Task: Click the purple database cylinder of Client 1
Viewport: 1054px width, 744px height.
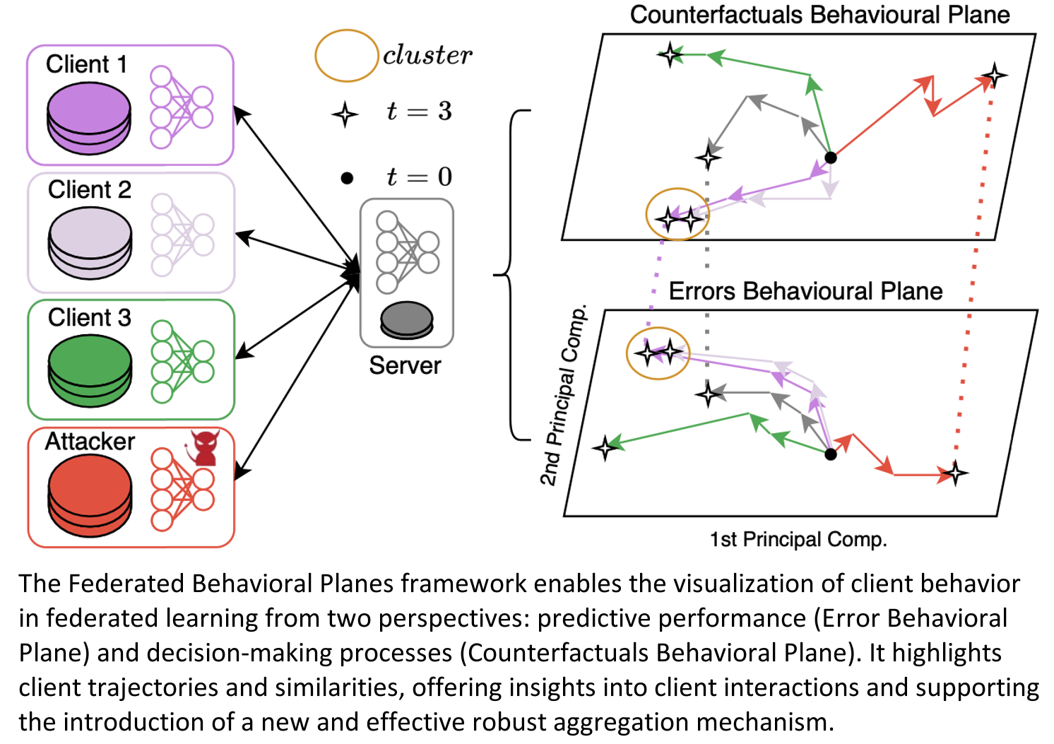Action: [89, 117]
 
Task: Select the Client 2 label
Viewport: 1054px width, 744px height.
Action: [90, 190]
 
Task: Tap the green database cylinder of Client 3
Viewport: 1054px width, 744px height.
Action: [90, 370]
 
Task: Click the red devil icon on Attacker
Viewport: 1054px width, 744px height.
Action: [205, 448]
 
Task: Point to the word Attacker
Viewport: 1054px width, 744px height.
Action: [90, 442]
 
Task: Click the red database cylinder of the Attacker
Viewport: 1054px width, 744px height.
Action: [90, 495]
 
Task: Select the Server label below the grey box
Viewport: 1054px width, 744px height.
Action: [405, 365]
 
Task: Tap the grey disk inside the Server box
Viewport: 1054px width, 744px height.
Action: [407, 319]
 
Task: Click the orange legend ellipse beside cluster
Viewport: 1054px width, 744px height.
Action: [346, 55]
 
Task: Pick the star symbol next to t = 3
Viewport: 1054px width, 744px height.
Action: [345, 114]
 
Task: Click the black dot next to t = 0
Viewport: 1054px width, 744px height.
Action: [347, 178]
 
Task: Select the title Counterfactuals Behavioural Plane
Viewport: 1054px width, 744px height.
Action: [819, 15]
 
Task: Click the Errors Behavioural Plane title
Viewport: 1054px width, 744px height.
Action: [805, 291]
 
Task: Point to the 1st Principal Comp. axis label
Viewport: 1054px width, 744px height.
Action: [798, 540]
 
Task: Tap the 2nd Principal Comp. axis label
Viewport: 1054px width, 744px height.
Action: [563, 396]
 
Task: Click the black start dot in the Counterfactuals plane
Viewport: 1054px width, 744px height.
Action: [831, 158]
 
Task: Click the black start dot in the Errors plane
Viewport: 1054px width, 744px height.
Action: [831, 454]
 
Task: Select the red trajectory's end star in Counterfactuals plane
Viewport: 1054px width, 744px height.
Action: [995, 75]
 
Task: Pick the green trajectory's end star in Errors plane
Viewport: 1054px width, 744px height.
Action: [605, 447]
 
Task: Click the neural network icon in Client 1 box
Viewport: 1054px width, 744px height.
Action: [182, 107]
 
